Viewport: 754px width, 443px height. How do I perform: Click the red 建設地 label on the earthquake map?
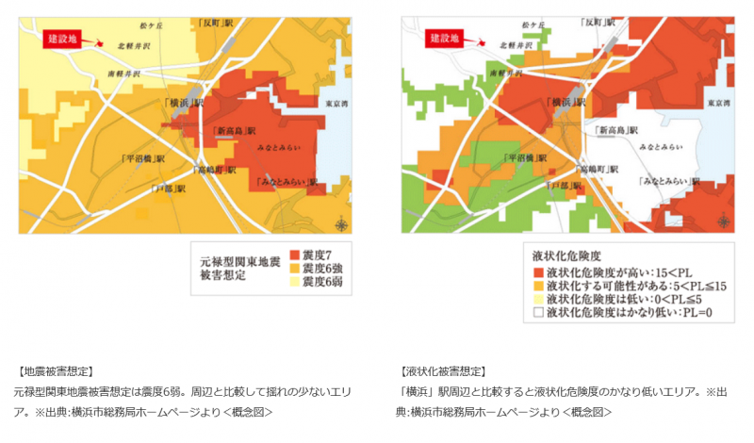coord(61,39)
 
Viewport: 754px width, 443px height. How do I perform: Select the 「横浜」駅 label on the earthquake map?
coord(182,101)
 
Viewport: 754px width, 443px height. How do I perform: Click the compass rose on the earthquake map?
coord(339,223)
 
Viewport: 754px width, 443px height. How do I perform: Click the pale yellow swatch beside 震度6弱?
coord(294,284)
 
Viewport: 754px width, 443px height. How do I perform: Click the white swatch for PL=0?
coord(538,312)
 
